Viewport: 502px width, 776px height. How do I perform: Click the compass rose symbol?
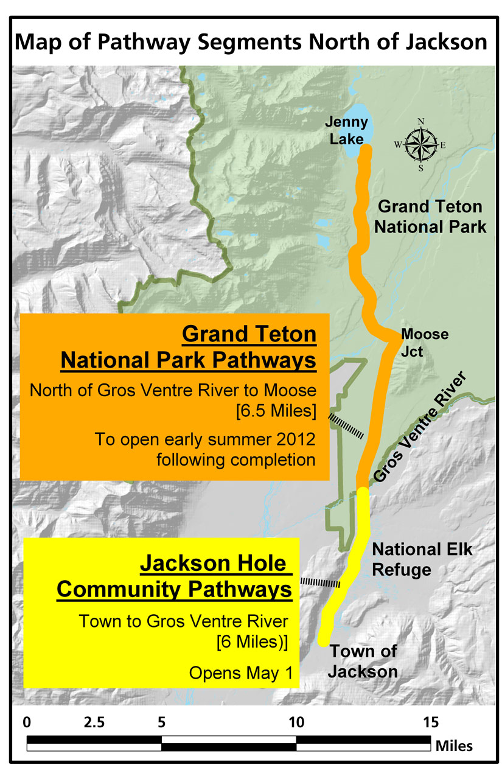[x=420, y=145]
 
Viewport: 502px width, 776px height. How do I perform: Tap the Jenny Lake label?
[x=346, y=131]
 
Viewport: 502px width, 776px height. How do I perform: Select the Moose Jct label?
[x=424, y=343]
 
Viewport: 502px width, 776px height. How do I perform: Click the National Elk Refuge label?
[x=422, y=560]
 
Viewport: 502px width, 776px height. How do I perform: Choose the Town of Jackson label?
[x=363, y=662]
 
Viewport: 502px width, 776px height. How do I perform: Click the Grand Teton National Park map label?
[x=430, y=217]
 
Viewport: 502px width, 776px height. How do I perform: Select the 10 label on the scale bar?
[x=296, y=722]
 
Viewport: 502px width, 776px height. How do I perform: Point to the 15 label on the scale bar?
[x=431, y=722]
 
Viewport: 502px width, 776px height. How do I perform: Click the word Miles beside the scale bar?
[x=454, y=746]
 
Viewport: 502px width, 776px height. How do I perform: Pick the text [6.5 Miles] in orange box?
[x=276, y=411]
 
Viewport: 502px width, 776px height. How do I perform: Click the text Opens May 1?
[x=241, y=673]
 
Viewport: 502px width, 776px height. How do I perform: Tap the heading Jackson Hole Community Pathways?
[x=175, y=576]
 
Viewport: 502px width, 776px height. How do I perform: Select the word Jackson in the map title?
[x=446, y=41]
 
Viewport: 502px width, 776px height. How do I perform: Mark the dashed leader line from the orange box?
[x=346, y=426]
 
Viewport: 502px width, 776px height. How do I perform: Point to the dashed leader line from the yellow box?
[x=320, y=582]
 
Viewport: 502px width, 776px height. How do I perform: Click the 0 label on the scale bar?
[x=27, y=722]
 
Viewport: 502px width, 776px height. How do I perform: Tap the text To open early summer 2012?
[x=205, y=439]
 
